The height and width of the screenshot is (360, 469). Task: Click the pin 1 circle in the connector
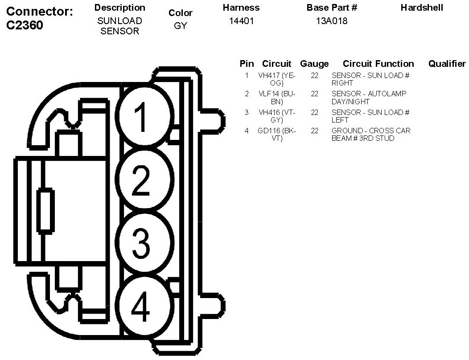(x=144, y=115)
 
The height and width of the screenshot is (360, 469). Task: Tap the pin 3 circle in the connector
(x=144, y=243)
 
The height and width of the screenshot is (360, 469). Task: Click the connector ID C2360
(x=25, y=25)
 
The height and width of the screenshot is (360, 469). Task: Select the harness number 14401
(x=241, y=21)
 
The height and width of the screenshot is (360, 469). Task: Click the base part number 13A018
(x=332, y=21)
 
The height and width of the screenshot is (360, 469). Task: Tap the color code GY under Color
(x=181, y=26)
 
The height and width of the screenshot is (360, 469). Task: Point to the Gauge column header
(x=314, y=64)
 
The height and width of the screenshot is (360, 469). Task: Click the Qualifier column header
(x=447, y=64)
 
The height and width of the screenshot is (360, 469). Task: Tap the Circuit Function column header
(x=378, y=64)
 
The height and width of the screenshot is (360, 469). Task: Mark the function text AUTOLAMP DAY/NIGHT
(x=369, y=98)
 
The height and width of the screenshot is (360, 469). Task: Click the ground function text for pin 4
(x=370, y=135)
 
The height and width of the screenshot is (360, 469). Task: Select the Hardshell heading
(x=422, y=8)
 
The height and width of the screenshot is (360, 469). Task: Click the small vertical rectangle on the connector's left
(x=45, y=211)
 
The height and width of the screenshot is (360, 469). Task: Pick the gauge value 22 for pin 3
(x=315, y=113)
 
